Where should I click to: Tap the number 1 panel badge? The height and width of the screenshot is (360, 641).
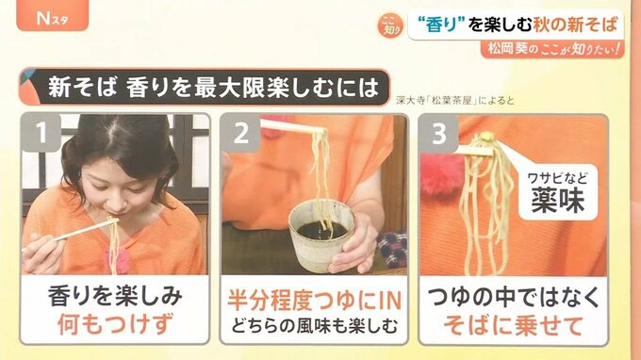point(41,133)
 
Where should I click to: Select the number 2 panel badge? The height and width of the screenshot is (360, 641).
point(240,133)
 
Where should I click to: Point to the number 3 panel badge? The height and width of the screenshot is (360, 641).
point(438,133)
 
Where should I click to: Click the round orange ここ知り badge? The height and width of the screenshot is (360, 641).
point(390,25)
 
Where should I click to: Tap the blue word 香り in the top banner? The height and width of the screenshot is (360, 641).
point(440,25)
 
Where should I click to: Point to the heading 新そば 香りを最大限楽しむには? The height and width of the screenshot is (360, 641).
point(213,88)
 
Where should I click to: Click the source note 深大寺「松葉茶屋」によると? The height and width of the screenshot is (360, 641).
point(455,101)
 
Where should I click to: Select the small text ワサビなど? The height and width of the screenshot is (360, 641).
point(558,178)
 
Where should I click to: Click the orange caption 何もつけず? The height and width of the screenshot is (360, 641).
point(115,324)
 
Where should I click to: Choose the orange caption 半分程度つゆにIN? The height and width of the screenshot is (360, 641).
point(314,301)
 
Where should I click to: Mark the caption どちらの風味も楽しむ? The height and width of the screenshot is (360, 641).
point(314,326)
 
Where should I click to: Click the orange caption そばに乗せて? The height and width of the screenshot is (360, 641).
point(513,326)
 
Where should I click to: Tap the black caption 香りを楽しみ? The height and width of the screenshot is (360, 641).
point(115,296)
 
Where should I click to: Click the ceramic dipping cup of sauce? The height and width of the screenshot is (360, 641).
point(321,235)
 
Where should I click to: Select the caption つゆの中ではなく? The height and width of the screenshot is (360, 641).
point(513,297)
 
